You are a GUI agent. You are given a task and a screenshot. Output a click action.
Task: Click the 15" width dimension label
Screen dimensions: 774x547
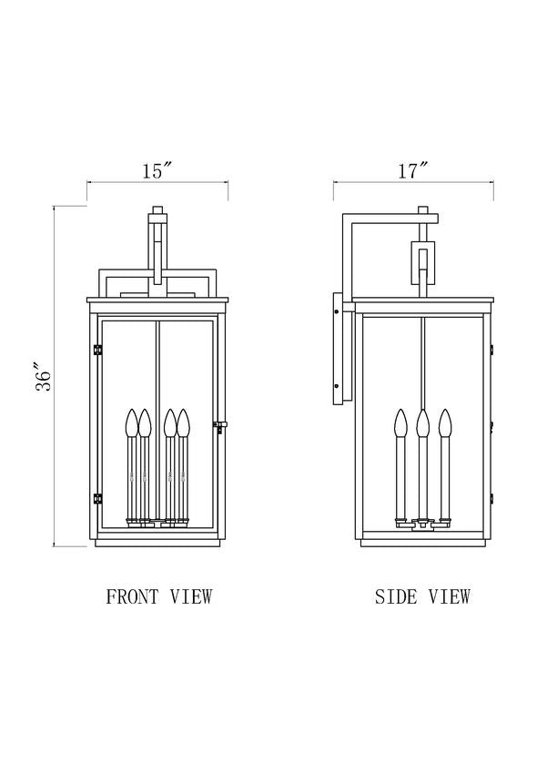(157, 170)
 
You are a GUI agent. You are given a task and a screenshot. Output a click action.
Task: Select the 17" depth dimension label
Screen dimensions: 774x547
(412, 170)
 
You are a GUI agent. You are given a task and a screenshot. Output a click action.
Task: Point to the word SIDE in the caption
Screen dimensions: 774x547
(396, 597)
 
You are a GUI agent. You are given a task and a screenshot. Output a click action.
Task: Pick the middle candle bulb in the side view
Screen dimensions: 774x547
(422, 422)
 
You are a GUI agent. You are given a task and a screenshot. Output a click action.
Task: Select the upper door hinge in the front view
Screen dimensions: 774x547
(96, 349)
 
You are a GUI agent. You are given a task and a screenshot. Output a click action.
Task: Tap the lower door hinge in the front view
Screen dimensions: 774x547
(96, 498)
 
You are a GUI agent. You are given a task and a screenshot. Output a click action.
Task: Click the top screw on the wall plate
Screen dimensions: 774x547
(338, 312)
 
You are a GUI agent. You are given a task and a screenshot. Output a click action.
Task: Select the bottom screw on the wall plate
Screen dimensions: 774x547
(338, 390)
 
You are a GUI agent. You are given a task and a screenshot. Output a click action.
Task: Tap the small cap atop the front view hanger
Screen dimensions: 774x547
(157, 211)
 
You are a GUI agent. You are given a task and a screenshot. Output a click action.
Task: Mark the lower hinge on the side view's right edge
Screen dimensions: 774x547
(491, 498)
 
